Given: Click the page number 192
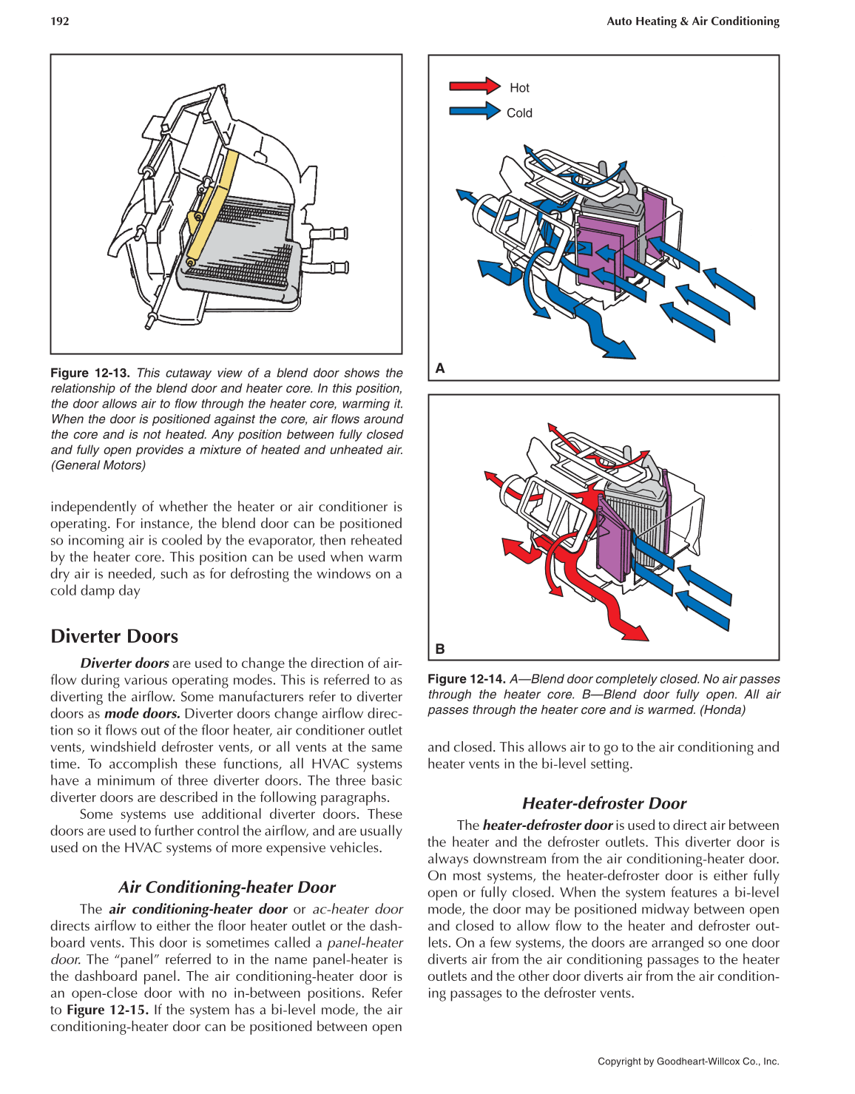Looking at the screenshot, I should (x=60, y=21).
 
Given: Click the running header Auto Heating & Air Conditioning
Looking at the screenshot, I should (x=692, y=21).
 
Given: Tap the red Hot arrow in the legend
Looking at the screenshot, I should (x=474, y=86).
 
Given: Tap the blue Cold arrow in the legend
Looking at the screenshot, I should (x=474, y=112).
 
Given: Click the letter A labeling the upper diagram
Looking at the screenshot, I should (x=440, y=368).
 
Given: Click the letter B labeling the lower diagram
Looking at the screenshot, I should (x=440, y=649).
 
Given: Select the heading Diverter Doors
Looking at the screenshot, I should (x=115, y=636).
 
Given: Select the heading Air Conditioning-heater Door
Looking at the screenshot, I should (x=226, y=887).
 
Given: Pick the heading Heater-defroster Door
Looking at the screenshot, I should (x=604, y=803).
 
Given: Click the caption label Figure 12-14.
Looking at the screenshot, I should (x=466, y=679).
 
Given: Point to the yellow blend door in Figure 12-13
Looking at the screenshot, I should (x=215, y=200).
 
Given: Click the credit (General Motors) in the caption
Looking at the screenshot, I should (x=98, y=465).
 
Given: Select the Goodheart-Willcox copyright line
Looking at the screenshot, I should (x=688, y=1061).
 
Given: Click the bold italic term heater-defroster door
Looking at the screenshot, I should (x=547, y=825).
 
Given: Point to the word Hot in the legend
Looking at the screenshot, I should (x=519, y=88).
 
